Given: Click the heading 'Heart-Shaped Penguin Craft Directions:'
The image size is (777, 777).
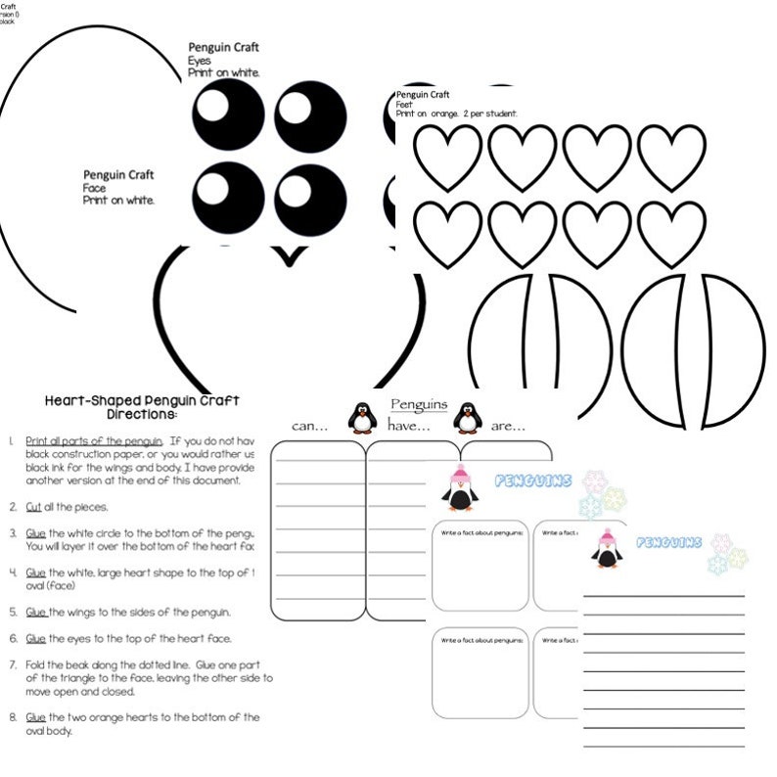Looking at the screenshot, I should pyautogui.click(x=142, y=406).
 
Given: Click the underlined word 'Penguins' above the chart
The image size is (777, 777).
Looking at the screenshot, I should pyautogui.click(x=418, y=403).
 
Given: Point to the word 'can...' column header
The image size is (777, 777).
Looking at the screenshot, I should pyautogui.click(x=310, y=426).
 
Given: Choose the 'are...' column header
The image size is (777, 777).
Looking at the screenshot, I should pyautogui.click(x=506, y=426).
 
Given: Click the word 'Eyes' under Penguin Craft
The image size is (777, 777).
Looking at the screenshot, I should pyautogui.click(x=199, y=61).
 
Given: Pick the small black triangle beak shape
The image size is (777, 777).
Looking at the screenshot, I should pyautogui.click(x=289, y=255).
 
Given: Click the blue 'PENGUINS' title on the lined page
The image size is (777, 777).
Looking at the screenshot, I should pyautogui.click(x=669, y=542).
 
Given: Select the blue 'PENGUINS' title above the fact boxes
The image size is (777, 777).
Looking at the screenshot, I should pyautogui.click(x=533, y=480).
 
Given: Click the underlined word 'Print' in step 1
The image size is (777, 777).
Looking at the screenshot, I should pyautogui.click(x=37, y=440).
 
